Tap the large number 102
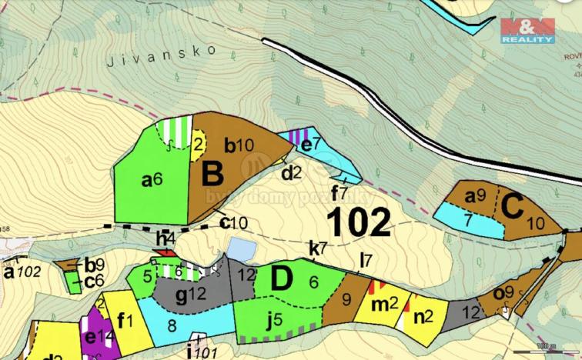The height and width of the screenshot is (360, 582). click(359, 222)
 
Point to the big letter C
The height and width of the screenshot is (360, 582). click(512, 206)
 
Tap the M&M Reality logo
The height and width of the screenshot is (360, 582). click(527, 31)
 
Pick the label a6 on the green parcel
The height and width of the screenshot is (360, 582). click(151, 180)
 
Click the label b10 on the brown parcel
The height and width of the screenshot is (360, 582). click(238, 144)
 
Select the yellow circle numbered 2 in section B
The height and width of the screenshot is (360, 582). click(198, 143)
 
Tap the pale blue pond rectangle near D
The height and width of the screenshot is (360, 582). click(240, 248)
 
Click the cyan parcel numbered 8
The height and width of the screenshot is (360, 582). click(172, 325)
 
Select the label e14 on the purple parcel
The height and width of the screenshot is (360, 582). click(95, 336)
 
